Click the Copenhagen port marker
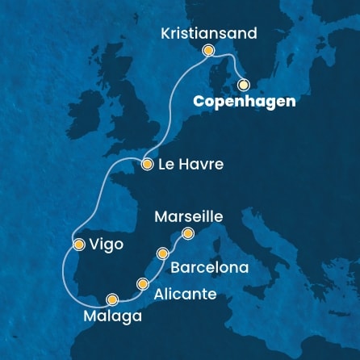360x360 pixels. (x=244, y=83)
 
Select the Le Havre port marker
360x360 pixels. (x=147, y=164)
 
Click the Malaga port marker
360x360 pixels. (x=111, y=299)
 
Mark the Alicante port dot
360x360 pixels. (x=144, y=283)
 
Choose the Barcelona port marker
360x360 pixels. (x=164, y=253)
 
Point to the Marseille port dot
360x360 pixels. (x=188, y=234)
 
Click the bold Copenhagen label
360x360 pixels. (x=244, y=102)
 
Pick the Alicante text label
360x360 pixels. (x=185, y=294)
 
